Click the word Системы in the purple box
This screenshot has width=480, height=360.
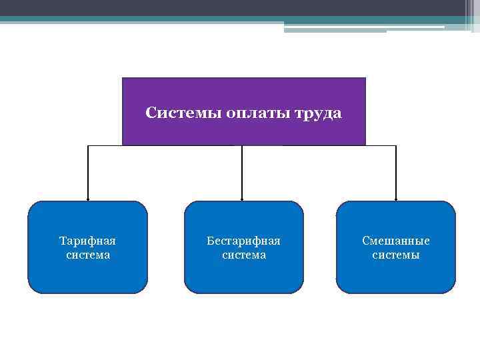(x=174, y=113)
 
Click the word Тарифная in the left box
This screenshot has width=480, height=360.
(x=88, y=240)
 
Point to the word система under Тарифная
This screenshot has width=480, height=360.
(x=88, y=255)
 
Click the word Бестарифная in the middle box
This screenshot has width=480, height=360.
(x=243, y=240)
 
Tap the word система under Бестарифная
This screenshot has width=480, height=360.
(x=243, y=255)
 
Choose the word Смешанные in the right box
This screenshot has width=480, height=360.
(x=396, y=240)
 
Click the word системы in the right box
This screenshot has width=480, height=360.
(x=396, y=255)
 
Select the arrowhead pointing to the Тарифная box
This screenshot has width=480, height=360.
(x=88, y=199)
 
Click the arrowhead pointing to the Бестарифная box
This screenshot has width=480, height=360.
(x=242, y=199)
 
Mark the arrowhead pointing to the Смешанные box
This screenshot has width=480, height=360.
(x=396, y=199)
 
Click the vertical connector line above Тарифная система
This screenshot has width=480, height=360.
(x=88, y=172)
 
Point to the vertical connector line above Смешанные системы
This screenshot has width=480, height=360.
(x=396, y=172)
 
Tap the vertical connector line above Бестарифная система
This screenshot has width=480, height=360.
(x=242, y=172)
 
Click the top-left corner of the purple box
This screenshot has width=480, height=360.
(x=123, y=78)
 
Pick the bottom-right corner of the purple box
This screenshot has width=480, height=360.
(x=365, y=145)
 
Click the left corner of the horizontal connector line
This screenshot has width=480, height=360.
(x=88, y=145)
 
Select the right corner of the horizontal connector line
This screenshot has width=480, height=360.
(x=396, y=145)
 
